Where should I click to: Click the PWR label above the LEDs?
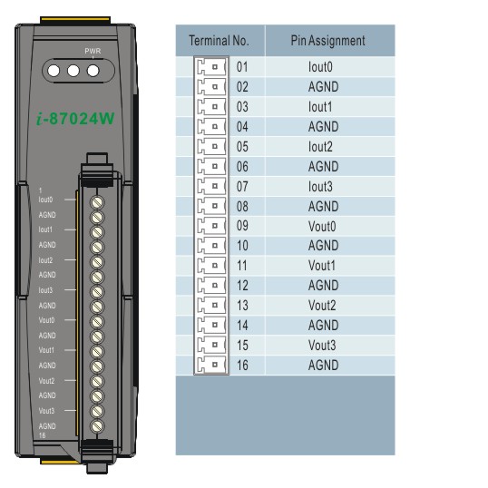click(x=93, y=51)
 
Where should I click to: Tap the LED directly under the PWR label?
click(x=93, y=71)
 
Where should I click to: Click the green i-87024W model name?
click(x=75, y=119)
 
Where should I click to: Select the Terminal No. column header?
click(x=219, y=41)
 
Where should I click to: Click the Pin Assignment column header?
click(x=327, y=41)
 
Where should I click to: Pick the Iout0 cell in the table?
click(x=320, y=67)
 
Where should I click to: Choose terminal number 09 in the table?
click(x=242, y=226)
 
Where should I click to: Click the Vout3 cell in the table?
click(x=322, y=346)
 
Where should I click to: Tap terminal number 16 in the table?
click(x=242, y=365)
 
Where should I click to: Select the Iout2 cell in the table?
click(x=320, y=147)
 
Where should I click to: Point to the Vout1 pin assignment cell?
click(x=322, y=266)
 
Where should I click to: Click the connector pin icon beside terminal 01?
click(x=211, y=67)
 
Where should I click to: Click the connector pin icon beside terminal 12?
click(x=211, y=286)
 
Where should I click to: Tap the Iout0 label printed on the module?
click(x=45, y=200)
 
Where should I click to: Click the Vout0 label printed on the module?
click(x=46, y=320)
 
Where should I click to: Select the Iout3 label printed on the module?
click(x=45, y=290)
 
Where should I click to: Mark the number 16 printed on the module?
click(x=42, y=435)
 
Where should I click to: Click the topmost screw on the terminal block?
click(x=97, y=202)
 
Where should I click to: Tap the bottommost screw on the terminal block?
click(x=97, y=426)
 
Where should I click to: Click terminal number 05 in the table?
click(x=242, y=147)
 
